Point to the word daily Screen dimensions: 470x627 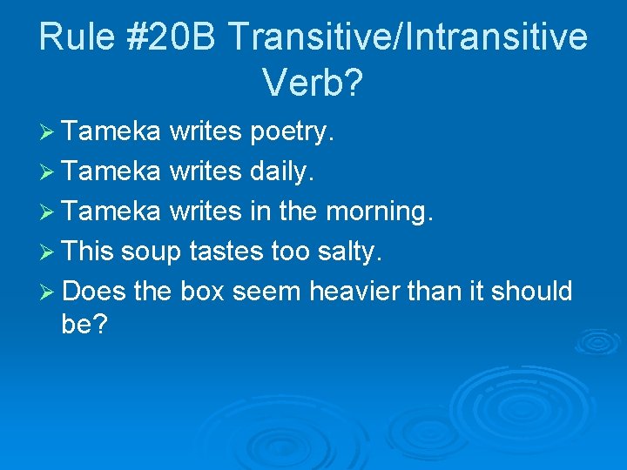pos(282,172)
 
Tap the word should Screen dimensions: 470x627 pos(532,291)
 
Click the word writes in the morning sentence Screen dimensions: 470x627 pos(206,211)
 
